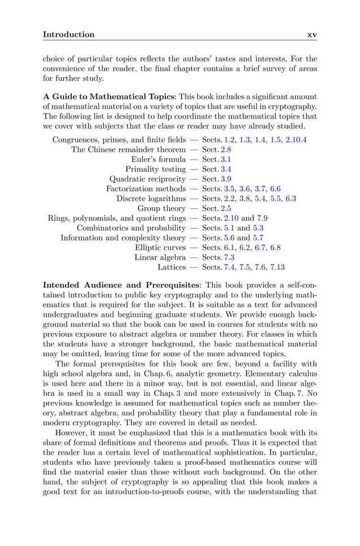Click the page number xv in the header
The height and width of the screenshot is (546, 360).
pyautogui.click(x=311, y=34)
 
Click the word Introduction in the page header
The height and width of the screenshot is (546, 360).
pyautogui.click(x=69, y=34)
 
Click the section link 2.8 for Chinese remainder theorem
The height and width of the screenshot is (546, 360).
pyautogui.click(x=226, y=150)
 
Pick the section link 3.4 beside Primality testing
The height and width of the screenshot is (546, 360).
pyautogui.click(x=226, y=169)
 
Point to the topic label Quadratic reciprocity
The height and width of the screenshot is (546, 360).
pyautogui.click(x=147, y=179)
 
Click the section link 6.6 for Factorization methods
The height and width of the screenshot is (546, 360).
pyautogui.click(x=275, y=189)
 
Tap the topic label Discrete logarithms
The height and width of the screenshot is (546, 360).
pyautogui.click(x=151, y=199)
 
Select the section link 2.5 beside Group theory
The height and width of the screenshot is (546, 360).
pyautogui.click(x=226, y=208)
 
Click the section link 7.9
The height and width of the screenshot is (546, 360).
pyautogui.click(x=263, y=218)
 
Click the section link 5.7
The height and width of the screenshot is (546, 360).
pyautogui.click(x=258, y=238)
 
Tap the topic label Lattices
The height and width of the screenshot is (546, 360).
pyautogui.click(x=172, y=267)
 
